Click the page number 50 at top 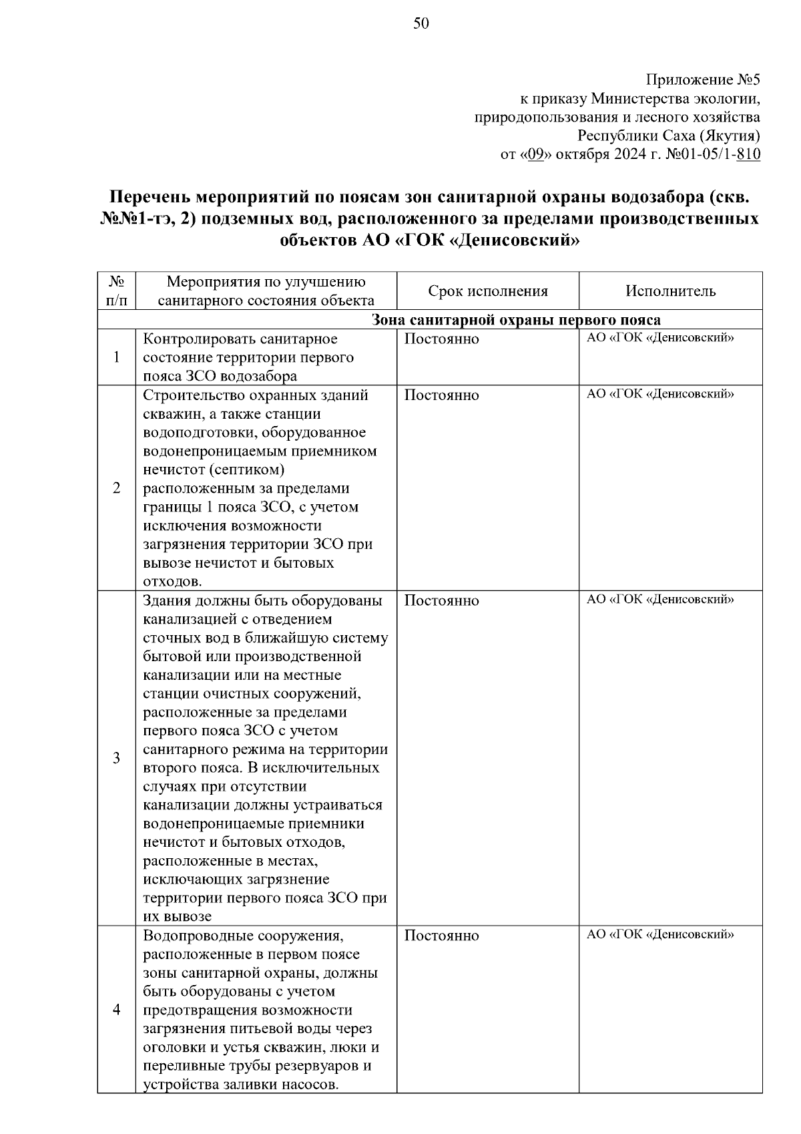(x=421, y=25)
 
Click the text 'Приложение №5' (x=703, y=81)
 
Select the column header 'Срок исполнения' (x=488, y=291)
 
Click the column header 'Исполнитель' (x=670, y=291)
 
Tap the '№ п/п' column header (x=117, y=291)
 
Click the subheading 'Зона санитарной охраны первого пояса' (x=515, y=320)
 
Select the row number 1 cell (x=117, y=357)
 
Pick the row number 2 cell (x=117, y=488)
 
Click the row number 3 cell (x=117, y=758)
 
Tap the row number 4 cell (x=117, y=1010)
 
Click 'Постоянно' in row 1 (x=442, y=339)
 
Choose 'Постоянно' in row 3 (x=442, y=601)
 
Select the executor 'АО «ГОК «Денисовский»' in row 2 (x=660, y=394)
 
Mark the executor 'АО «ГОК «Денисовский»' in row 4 (x=660, y=934)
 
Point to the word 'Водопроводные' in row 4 (x=192, y=936)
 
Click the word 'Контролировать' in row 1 (x=195, y=339)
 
